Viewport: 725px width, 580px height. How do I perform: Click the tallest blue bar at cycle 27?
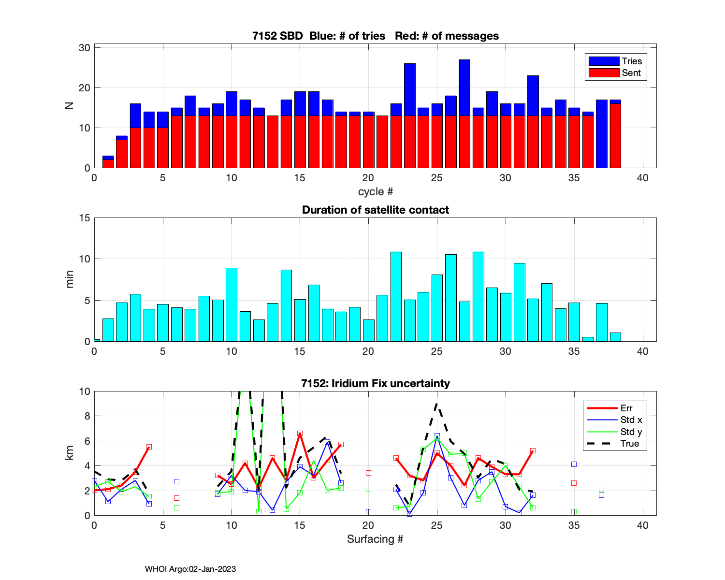click(x=464, y=87)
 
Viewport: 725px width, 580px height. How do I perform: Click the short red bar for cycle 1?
click(x=108, y=164)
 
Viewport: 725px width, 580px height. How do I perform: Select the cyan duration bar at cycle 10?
click(x=232, y=304)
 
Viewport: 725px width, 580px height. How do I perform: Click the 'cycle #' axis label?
click(x=376, y=192)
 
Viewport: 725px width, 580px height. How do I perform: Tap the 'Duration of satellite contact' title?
click(x=376, y=210)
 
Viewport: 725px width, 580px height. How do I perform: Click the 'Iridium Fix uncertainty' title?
click(x=376, y=384)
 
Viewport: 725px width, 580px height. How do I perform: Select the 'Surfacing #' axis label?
click(x=375, y=539)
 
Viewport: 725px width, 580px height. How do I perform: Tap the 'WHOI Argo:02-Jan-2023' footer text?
click(x=190, y=569)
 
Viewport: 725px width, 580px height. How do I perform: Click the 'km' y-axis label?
click(x=70, y=453)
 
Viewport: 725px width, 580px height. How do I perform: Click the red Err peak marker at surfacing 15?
click(x=300, y=434)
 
